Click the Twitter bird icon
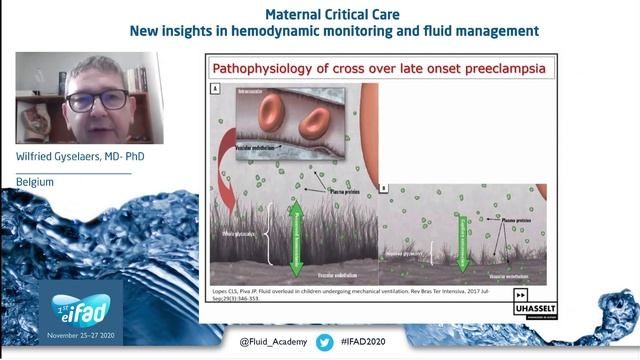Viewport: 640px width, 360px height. click(325, 342)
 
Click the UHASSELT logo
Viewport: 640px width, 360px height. click(533, 305)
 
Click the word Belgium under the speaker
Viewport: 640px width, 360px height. click(35, 182)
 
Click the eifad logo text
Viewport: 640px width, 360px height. click(81, 305)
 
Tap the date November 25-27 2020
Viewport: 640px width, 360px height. click(80, 327)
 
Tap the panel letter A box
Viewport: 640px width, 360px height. click(214, 88)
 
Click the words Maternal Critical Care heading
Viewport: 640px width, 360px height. click(334, 14)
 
